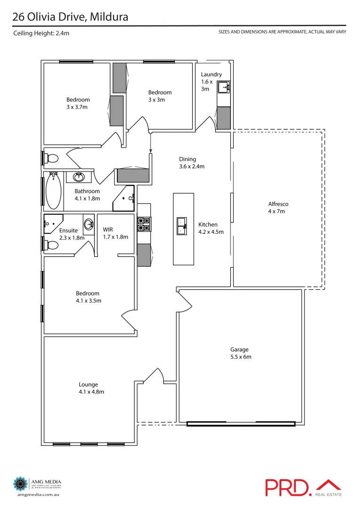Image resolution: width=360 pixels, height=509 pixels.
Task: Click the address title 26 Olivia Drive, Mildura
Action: tap(70, 17)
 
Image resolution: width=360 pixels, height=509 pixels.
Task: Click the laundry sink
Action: tap(224, 87)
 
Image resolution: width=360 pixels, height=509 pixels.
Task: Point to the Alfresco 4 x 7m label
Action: tap(278, 208)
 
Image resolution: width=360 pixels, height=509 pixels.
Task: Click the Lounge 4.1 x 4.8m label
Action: tap(91, 388)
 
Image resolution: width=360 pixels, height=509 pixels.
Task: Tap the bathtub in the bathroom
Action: tap(53, 191)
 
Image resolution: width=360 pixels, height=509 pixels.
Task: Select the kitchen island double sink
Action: tap(183, 225)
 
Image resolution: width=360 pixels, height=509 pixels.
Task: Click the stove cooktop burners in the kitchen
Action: tap(144, 224)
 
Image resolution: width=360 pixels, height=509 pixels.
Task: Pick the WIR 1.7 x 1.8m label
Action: tap(115, 233)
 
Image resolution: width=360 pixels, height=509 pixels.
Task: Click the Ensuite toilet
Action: tap(52, 244)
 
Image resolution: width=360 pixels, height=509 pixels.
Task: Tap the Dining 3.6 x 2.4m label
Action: tap(191, 163)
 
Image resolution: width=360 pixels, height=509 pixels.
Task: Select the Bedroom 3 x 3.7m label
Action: tap(78, 103)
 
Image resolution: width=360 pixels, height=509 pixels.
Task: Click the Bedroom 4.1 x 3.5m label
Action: tap(89, 297)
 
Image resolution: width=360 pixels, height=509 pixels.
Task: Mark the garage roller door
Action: tap(241, 424)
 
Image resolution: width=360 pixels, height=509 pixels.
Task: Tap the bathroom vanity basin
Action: tap(78, 177)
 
